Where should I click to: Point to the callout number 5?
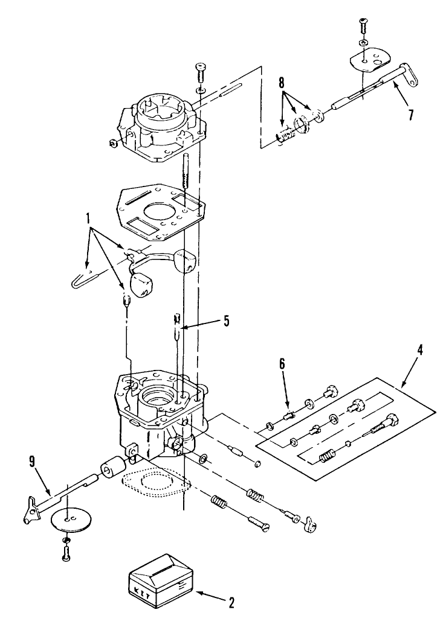coord(226,322)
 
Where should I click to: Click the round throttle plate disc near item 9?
coord(67,518)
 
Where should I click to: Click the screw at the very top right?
coord(362,25)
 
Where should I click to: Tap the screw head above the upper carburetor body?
coord(199,70)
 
